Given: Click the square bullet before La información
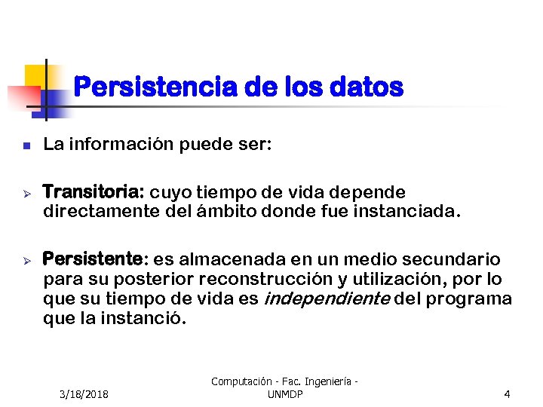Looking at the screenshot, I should (x=25, y=145).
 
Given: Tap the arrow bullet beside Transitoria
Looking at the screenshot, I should (x=25, y=192).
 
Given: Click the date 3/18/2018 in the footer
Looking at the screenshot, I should (x=84, y=394).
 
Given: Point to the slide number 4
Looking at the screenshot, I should (x=507, y=394).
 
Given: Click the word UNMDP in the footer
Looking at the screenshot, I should (x=284, y=394).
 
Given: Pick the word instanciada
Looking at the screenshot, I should (x=404, y=211).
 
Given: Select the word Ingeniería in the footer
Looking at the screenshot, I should (x=327, y=382).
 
